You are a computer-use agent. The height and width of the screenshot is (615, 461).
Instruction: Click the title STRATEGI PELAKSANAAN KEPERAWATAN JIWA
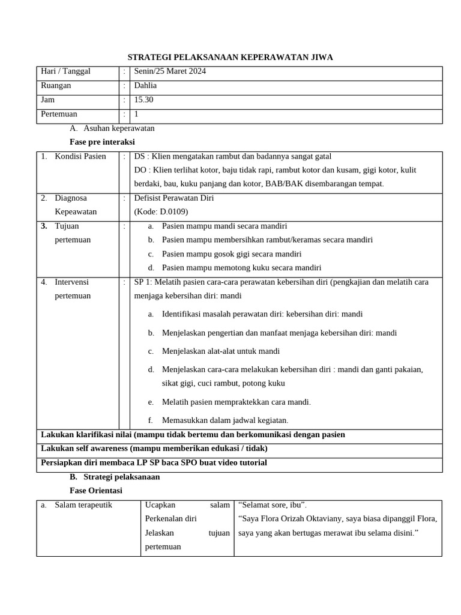coord(230,57)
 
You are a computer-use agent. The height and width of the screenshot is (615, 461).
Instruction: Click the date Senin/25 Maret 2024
coord(170,71)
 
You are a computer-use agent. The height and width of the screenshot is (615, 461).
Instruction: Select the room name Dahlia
coord(145,86)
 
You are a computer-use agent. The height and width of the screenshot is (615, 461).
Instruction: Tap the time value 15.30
coord(143,100)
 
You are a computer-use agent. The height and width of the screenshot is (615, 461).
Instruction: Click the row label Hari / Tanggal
coord(65,71)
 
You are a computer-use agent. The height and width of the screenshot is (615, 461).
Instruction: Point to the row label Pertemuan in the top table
coord(59,114)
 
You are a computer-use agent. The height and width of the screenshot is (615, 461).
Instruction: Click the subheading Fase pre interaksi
coord(102,142)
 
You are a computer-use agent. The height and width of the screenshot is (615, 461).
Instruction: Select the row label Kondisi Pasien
coord(80,156)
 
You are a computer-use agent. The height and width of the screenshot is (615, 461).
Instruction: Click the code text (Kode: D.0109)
coord(161,211)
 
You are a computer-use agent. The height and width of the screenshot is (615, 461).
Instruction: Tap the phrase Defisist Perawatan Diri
coord(174,198)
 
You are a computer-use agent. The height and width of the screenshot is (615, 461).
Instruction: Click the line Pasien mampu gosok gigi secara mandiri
coord(232,254)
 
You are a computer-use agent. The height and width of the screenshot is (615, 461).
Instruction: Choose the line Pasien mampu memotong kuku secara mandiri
coord(241,268)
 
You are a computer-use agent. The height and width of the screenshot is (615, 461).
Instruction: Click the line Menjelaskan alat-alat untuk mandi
coord(221,351)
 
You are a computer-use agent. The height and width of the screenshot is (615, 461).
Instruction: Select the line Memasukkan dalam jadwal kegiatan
coord(225,420)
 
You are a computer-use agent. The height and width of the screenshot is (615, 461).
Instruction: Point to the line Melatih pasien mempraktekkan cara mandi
coord(237,402)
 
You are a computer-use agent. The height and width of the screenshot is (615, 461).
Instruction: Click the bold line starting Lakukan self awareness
coord(154,449)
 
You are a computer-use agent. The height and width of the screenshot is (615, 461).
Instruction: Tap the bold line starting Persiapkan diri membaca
coord(154,462)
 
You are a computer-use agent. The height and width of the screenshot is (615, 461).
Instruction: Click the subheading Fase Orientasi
coord(96,491)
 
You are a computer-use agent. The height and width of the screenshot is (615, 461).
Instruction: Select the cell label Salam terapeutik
coord(83,505)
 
